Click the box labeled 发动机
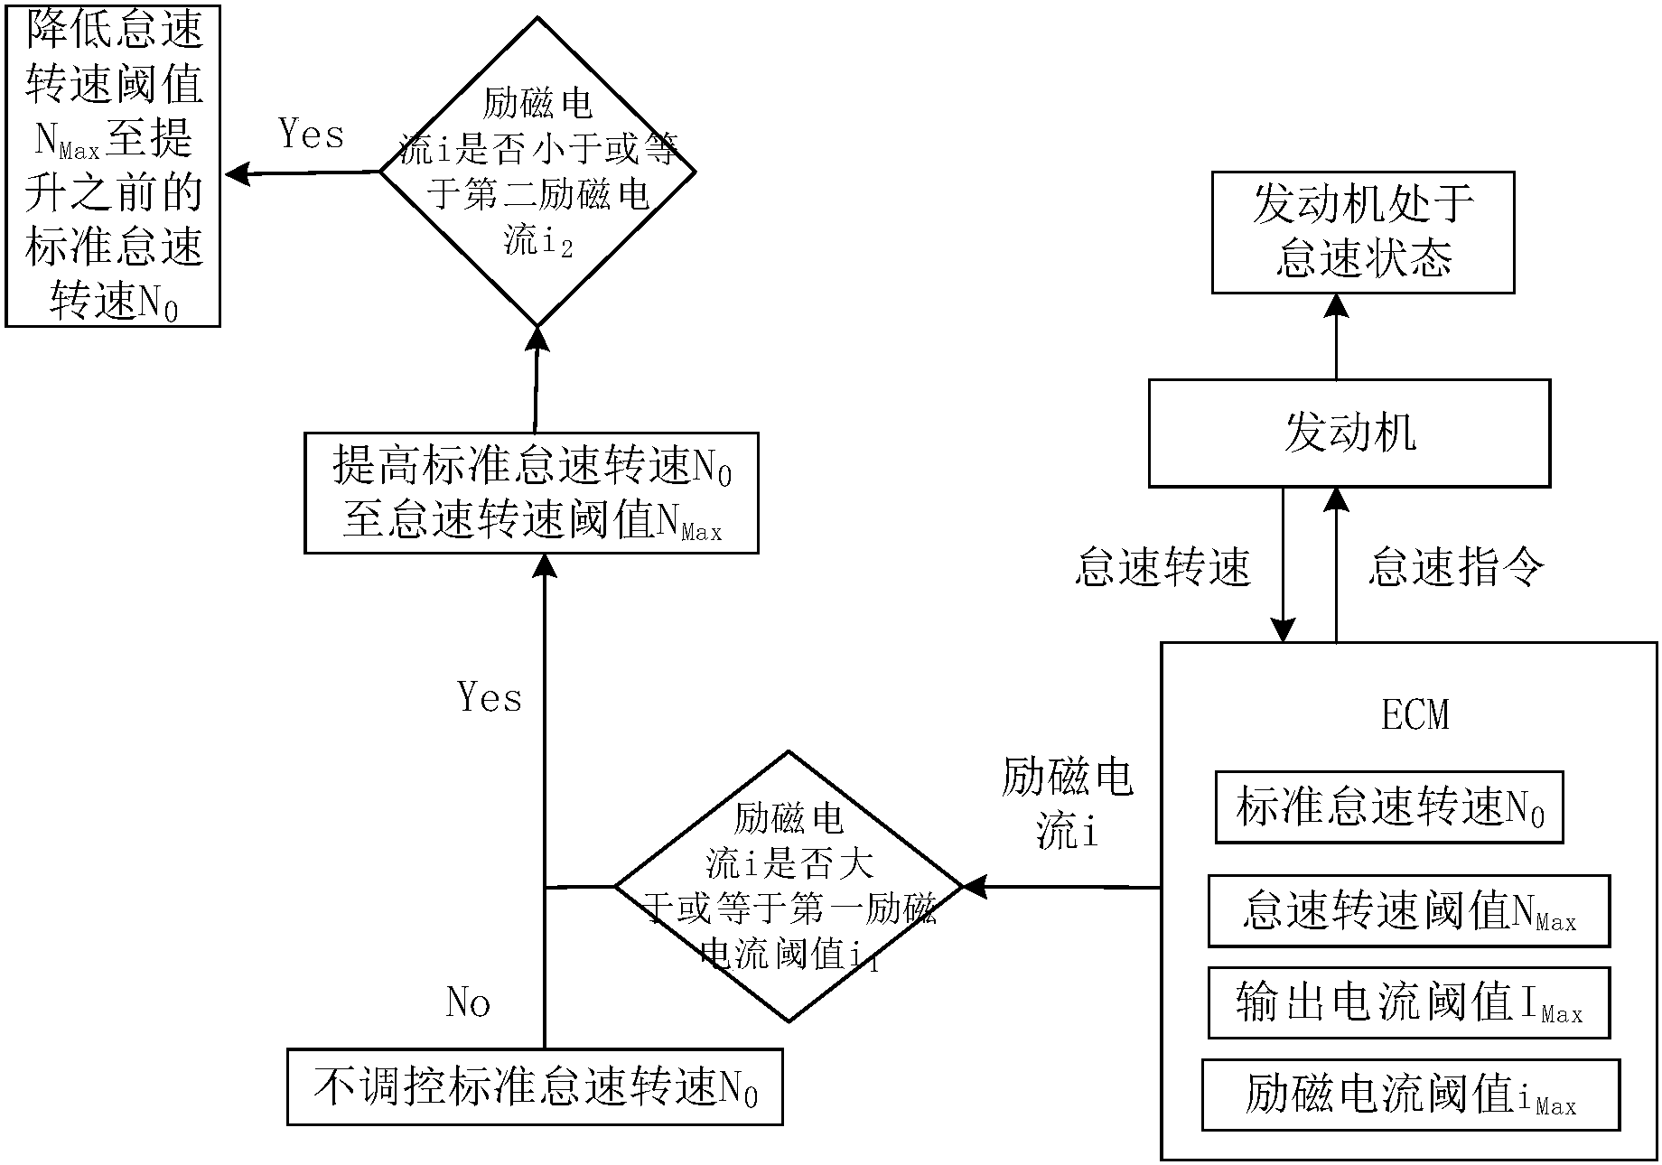tap(1349, 433)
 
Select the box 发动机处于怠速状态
tap(1362, 233)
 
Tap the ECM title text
tap(1415, 715)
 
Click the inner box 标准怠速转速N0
tap(1388, 807)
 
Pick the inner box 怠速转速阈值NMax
tap(1408, 910)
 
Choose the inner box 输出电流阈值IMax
tap(1408, 1003)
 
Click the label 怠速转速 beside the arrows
tap(1162, 567)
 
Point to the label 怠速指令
tap(1456, 567)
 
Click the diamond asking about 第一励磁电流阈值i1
tap(789, 887)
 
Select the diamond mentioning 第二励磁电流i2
tap(537, 172)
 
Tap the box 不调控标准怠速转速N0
tap(535, 1086)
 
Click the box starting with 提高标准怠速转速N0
tap(531, 493)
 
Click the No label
tap(468, 1002)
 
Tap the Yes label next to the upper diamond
tap(311, 135)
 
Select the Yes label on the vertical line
tap(489, 697)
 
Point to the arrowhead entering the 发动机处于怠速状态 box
tap(1336, 305)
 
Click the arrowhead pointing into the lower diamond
tap(975, 887)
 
